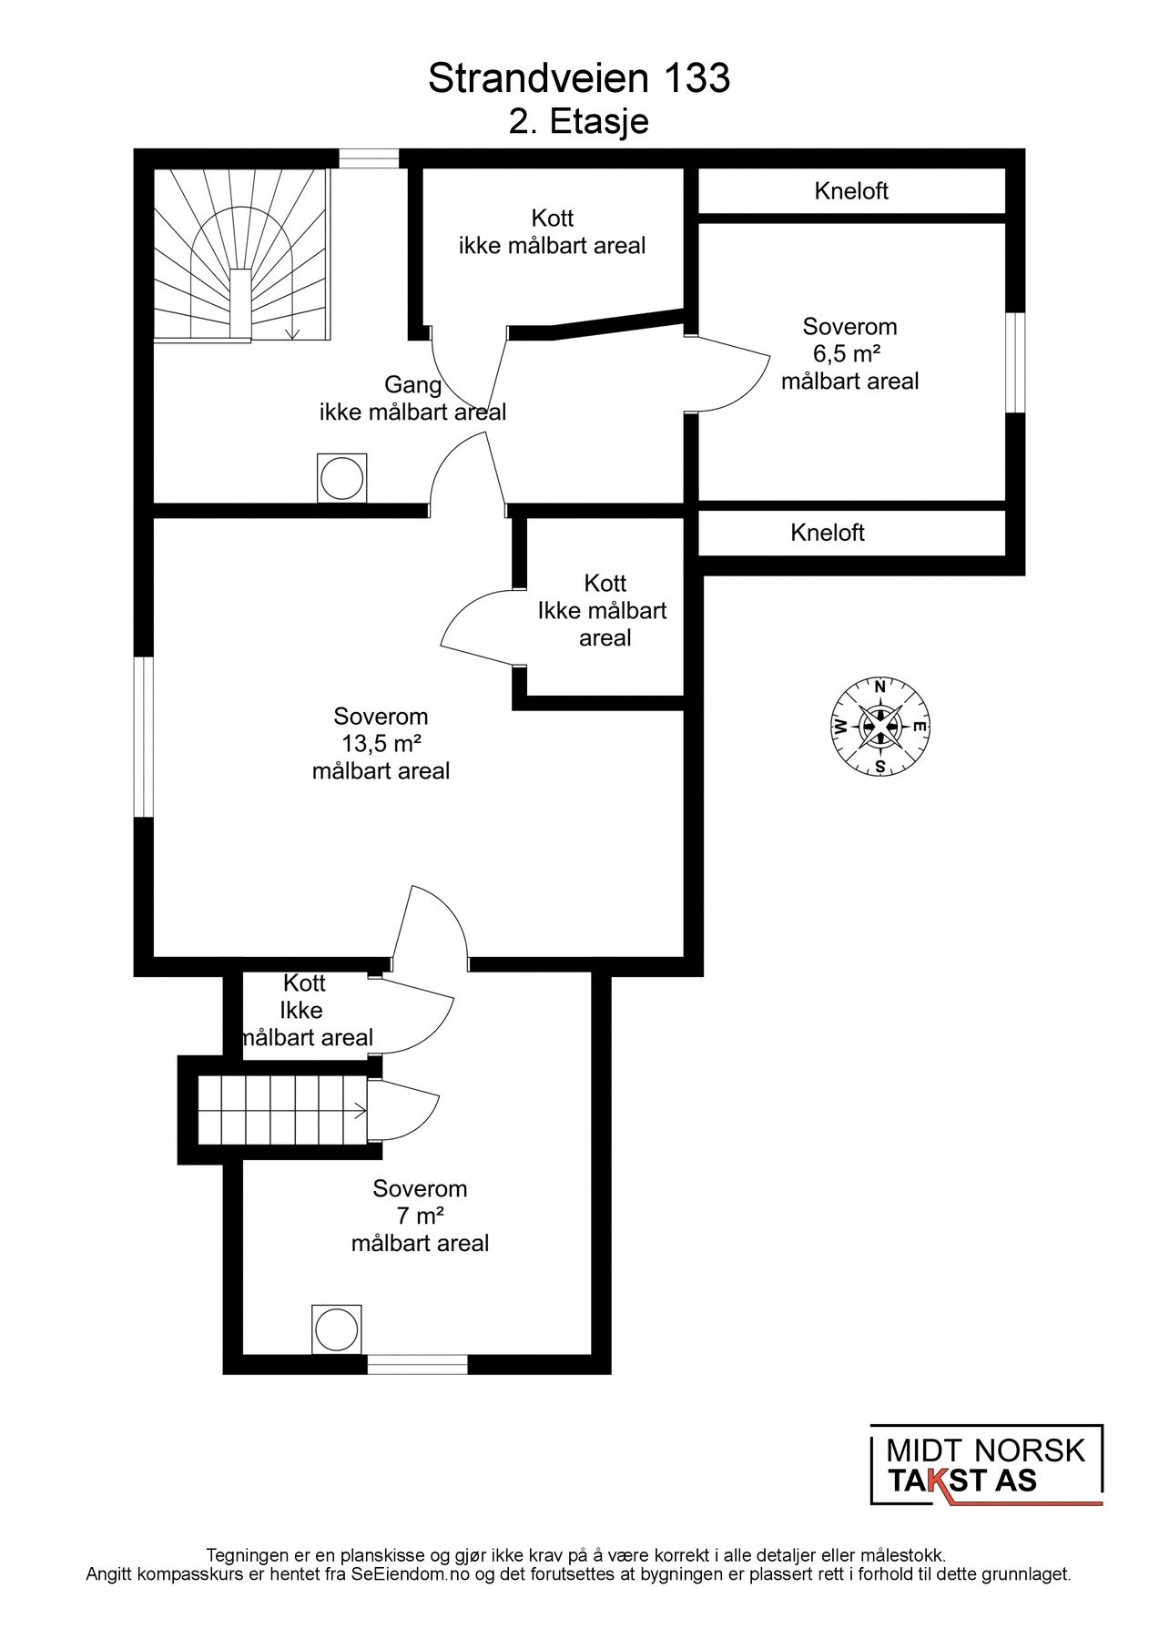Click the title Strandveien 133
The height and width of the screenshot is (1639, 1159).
579,79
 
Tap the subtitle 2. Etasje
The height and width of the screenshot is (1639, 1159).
579,121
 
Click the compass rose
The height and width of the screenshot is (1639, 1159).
880,727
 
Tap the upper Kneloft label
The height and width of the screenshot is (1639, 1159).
851,191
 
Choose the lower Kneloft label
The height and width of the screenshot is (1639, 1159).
828,533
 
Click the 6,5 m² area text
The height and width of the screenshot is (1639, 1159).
849,353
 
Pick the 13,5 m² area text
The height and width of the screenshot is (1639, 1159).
381,744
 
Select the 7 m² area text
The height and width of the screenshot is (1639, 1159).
420,1216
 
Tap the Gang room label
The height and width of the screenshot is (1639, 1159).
412,384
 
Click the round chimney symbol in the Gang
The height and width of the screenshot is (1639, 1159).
342,477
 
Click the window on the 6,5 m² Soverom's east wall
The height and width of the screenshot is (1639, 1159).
1015,362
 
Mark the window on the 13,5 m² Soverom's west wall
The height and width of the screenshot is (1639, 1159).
144,737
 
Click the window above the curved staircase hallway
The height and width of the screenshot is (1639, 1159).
369,158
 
